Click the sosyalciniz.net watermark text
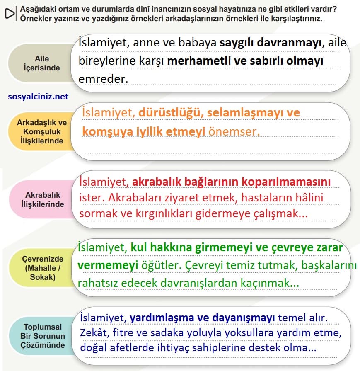pos(38,97)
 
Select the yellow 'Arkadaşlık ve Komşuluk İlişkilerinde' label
pos(42,132)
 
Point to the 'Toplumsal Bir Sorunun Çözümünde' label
pos(42,336)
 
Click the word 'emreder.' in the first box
pos(103,79)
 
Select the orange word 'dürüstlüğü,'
pos(170,113)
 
